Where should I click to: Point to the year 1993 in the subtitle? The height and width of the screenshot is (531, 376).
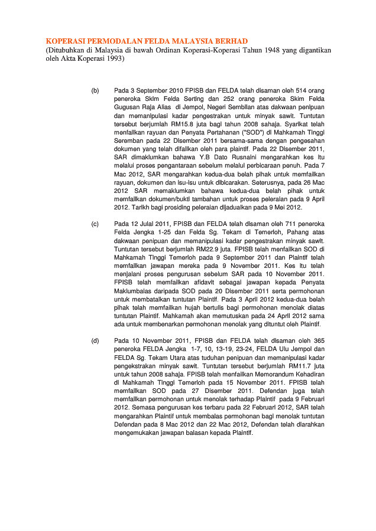(x=114, y=60)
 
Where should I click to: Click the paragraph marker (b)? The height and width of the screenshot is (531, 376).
(x=95, y=91)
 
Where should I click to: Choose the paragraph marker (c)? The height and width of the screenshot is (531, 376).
(x=95, y=224)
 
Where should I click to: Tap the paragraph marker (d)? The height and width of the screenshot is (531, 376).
(x=95, y=341)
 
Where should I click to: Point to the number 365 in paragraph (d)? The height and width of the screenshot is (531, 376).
(x=315, y=341)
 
